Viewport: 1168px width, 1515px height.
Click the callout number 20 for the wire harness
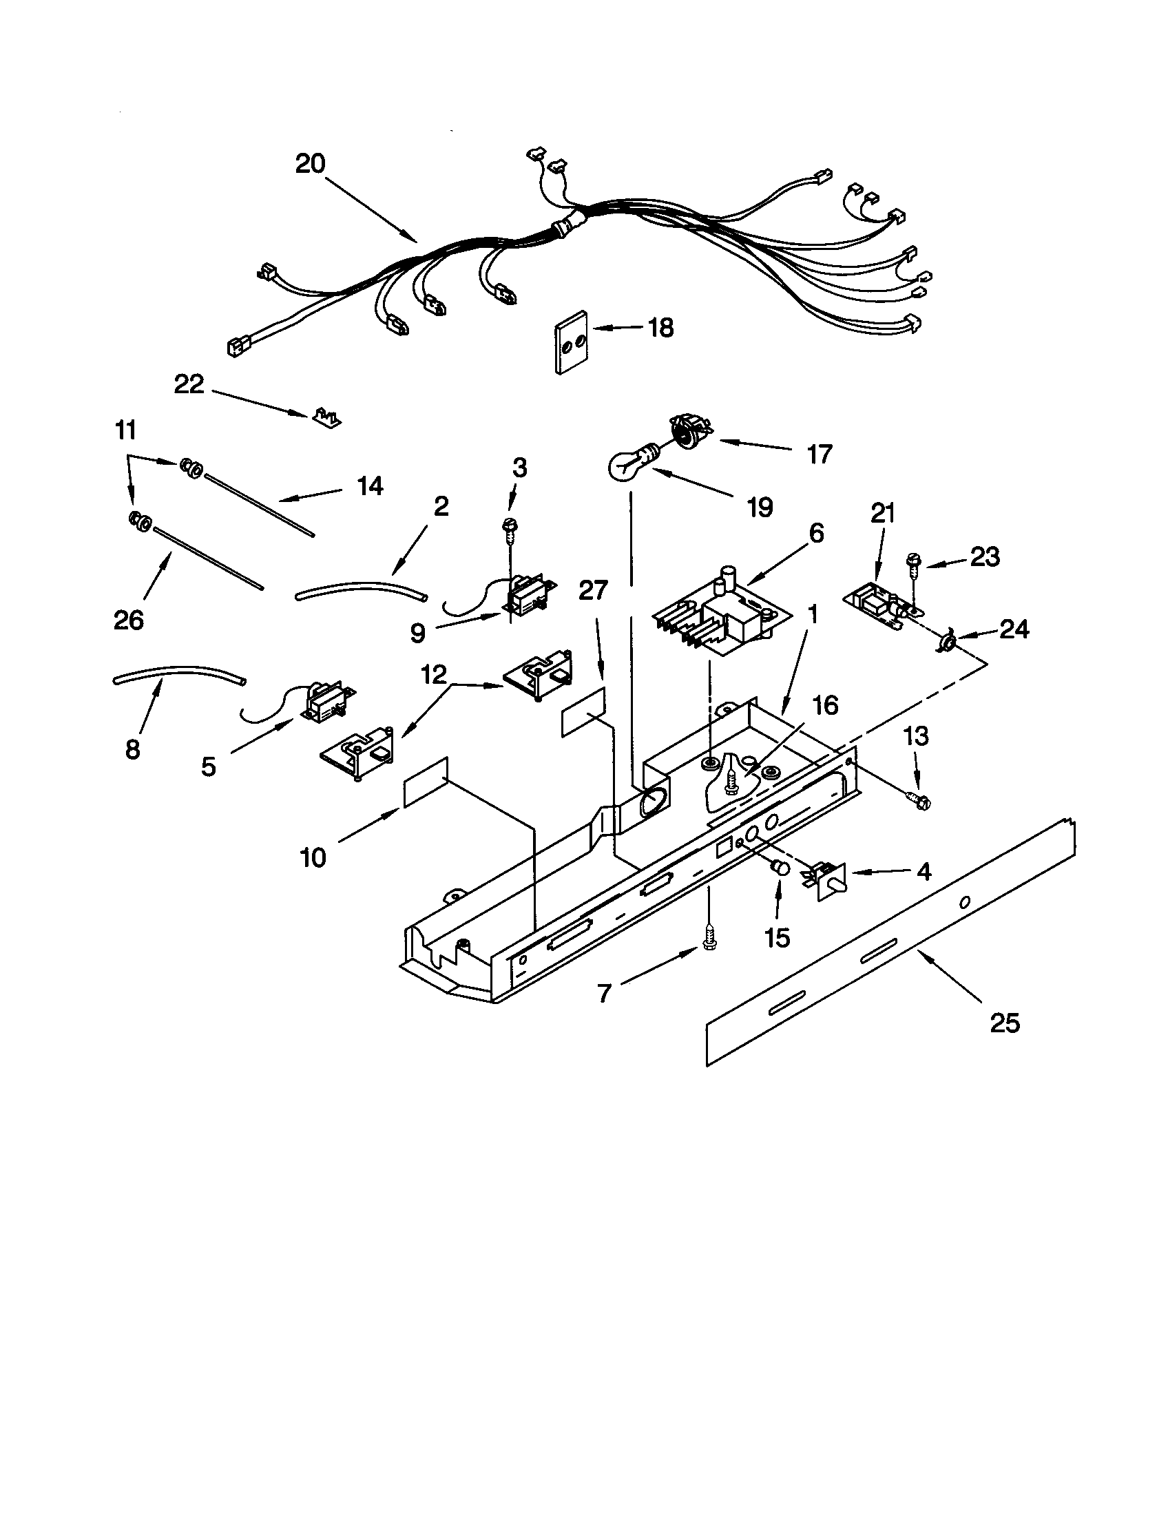310,165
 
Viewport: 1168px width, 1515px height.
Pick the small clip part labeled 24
946,642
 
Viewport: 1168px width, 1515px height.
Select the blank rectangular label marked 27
583,711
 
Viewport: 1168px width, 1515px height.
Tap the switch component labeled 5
324,706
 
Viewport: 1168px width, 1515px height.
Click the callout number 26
129,619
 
